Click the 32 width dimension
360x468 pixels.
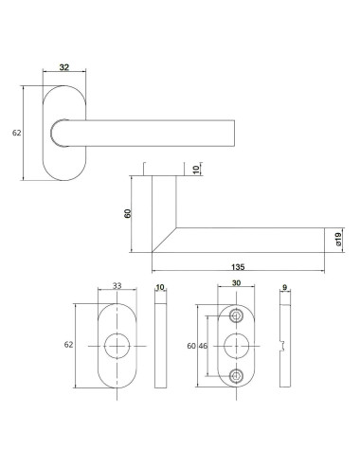(x=64, y=68)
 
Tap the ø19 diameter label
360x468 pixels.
(x=337, y=240)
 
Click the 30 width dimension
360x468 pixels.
(x=237, y=285)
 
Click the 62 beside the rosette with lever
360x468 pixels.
(x=16, y=134)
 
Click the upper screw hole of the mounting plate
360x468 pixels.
(x=237, y=315)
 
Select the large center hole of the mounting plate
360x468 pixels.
(x=237, y=345)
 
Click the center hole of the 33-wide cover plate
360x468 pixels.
(x=117, y=345)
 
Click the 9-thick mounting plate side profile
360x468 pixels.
(x=285, y=345)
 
